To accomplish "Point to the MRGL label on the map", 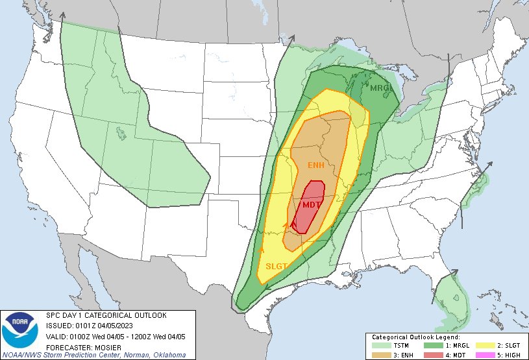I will coord(381,88).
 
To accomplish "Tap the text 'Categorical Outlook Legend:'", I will coord(415,338).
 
